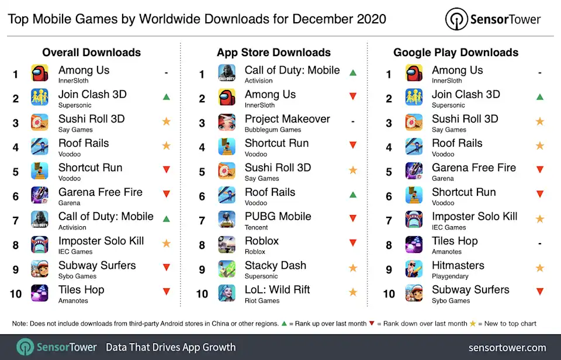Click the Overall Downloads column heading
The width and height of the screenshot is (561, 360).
[92, 52]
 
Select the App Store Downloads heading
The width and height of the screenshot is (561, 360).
[273, 52]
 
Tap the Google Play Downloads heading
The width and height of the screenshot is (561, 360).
[456, 52]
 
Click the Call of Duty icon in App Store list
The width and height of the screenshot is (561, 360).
[227, 74]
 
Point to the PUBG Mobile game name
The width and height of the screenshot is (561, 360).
[278, 216]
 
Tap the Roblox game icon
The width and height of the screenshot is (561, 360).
[227, 244]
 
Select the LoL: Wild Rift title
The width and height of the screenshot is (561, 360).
[277, 289]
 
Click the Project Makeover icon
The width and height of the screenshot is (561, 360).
[227, 122]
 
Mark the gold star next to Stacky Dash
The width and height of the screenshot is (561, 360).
[352, 268]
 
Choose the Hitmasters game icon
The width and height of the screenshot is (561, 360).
[414, 268]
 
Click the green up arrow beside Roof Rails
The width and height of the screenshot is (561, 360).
[352, 195]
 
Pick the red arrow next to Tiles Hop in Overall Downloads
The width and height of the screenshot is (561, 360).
[166, 292]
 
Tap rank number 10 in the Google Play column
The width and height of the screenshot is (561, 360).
[389, 293]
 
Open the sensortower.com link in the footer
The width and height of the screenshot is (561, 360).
[507, 347]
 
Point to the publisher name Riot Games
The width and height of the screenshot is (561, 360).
[262, 300]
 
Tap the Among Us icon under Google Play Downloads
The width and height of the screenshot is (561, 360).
[414, 74]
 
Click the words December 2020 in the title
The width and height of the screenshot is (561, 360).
[340, 19]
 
